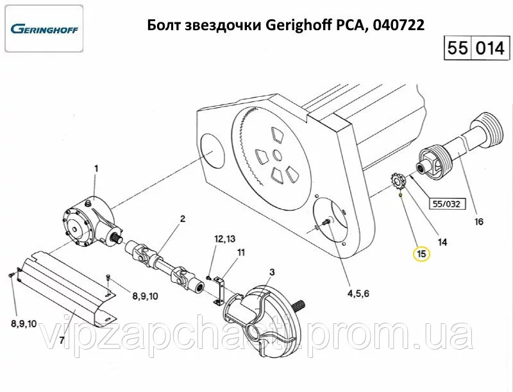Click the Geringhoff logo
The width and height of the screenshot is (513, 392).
(x=44, y=29)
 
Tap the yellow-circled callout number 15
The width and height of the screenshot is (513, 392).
(x=422, y=253)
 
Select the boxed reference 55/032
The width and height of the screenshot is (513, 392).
(x=446, y=204)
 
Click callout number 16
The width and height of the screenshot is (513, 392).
(x=478, y=221)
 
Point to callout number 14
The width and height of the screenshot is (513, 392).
(x=442, y=242)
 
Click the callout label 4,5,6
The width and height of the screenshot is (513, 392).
(x=358, y=293)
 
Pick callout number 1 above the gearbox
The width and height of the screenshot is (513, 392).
(x=96, y=169)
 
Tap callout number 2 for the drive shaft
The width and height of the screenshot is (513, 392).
(x=183, y=219)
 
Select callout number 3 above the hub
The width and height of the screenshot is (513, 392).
(x=272, y=271)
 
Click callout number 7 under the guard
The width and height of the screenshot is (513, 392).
(x=62, y=340)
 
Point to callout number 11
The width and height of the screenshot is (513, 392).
(x=241, y=252)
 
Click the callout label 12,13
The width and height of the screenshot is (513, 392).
(x=225, y=239)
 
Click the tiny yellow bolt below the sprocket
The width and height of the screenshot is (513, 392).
(x=400, y=195)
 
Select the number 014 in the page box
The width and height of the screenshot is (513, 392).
(x=490, y=48)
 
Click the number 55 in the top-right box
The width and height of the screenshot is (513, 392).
(x=457, y=48)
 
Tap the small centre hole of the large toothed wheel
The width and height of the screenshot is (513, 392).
(x=277, y=156)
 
